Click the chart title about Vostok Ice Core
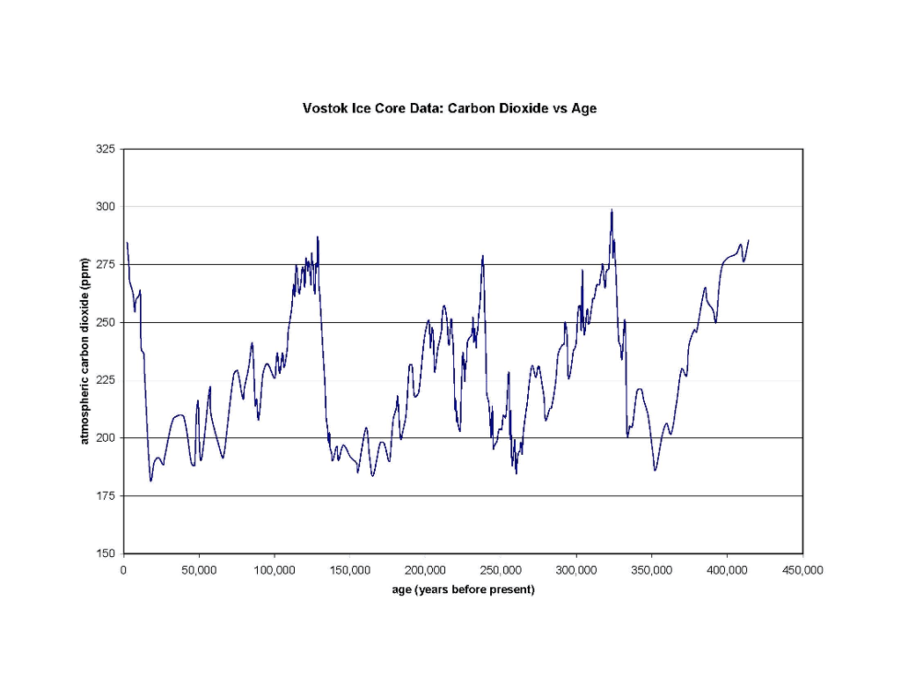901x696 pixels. pyautogui.click(x=450, y=109)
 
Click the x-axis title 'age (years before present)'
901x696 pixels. pyautogui.click(x=463, y=590)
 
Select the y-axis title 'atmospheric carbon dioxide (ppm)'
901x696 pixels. pyautogui.click(x=85, y=351)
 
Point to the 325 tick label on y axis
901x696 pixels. pyautogui.click(x=106, y=150)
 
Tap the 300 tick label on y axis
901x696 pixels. pyautogui.click(x=106, y=207)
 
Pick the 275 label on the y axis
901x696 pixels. pyautogui.click(x=106, y=265)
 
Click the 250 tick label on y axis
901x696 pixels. pyautogui.click(x=106, y=323)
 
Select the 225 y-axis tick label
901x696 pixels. pyautogui.click(x=106, y=380)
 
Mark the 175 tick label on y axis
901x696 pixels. pyautogui.click(x=106, y=496)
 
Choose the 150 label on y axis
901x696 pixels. pyautogui.click(x=106, y=553)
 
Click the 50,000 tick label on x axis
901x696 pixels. pyautogui.click(x=199, y=570)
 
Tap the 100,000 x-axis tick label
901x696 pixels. pyautogui.click(x=275, y=570)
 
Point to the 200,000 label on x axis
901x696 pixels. pyautogui.click(x=426, y=570)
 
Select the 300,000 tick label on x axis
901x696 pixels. pyautogui.click(x=576, y=570)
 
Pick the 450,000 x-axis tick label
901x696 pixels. pyautogui.click(x=802, y=570)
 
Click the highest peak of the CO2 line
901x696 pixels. pyautogui.click(x=612, y=209)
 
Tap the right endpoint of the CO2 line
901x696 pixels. pyautogui.click(x=748, y=240)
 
